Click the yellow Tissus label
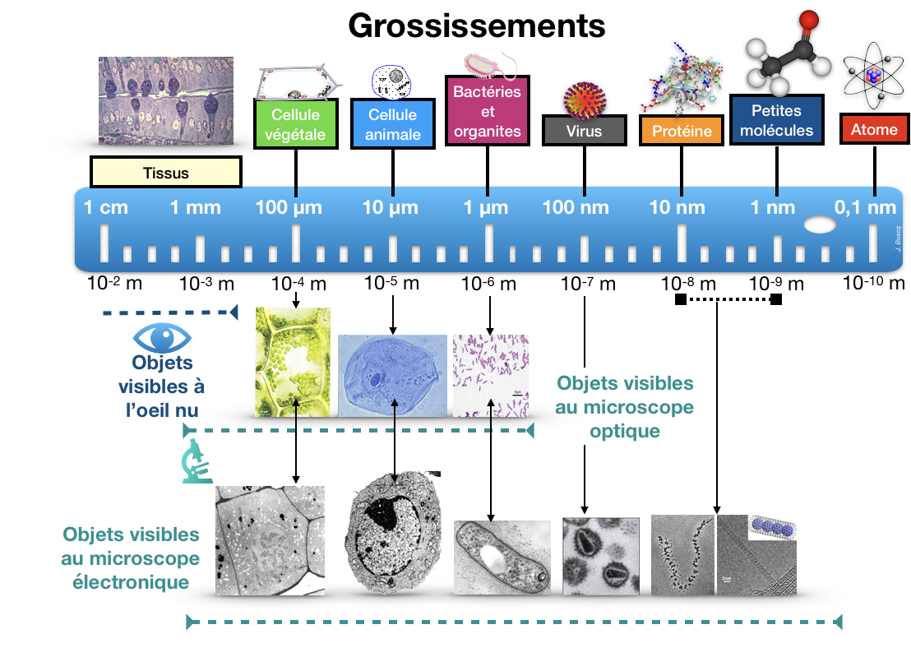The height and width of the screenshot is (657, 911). [x=165, y=173]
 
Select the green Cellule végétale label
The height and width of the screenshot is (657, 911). [x=296, y=124]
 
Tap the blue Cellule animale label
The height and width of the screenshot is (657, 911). [x=392, y=124]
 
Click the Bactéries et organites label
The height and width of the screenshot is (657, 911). [x=488, y=111]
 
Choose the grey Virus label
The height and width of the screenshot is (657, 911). [x=584, y=131]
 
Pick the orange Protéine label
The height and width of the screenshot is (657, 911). [x=682, y=131]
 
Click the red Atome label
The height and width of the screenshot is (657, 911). [x=874, y=129]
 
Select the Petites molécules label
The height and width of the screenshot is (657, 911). [x=776, y=120]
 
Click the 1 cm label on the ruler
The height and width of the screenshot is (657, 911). [x=106, y=208]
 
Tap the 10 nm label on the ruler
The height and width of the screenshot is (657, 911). [x=677, y=208]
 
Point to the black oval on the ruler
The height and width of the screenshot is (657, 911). [x=819, y=224]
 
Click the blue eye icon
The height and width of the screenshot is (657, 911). [x=162, y=337]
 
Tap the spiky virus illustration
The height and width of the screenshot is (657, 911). [x=584, y=99]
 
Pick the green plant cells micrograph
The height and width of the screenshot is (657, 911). [x=296, y=361]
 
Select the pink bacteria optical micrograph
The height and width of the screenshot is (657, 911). [x=490, y=375]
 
